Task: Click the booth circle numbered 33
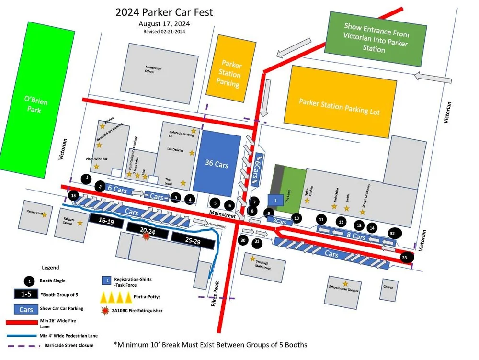pos(406,258)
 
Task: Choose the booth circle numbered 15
pos(73,196)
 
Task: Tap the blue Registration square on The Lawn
pos(275,200)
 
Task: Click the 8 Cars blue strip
pos(354,237)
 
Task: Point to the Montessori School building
pos(154,69)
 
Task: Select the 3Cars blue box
pos(279,222)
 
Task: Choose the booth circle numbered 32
pos(393,233)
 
